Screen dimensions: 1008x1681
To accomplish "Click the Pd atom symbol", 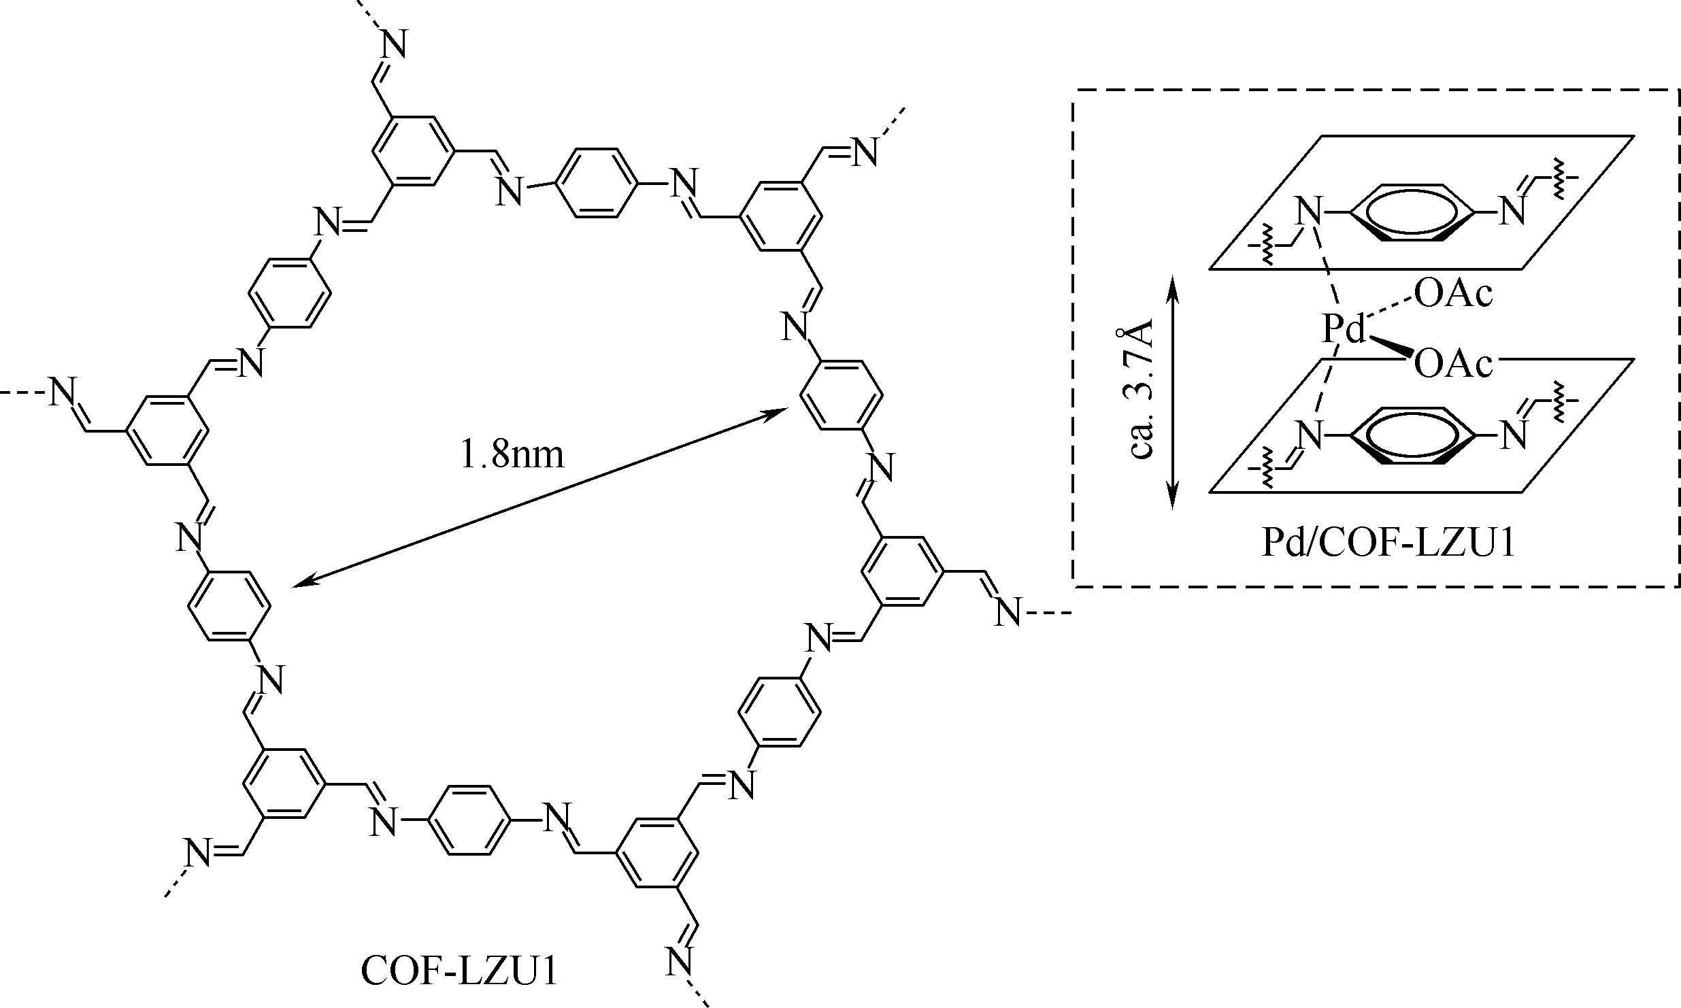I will (1344, 331).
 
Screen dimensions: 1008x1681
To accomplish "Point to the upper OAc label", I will (1453, 295).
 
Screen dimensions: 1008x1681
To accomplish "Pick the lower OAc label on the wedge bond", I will (1453, 365).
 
